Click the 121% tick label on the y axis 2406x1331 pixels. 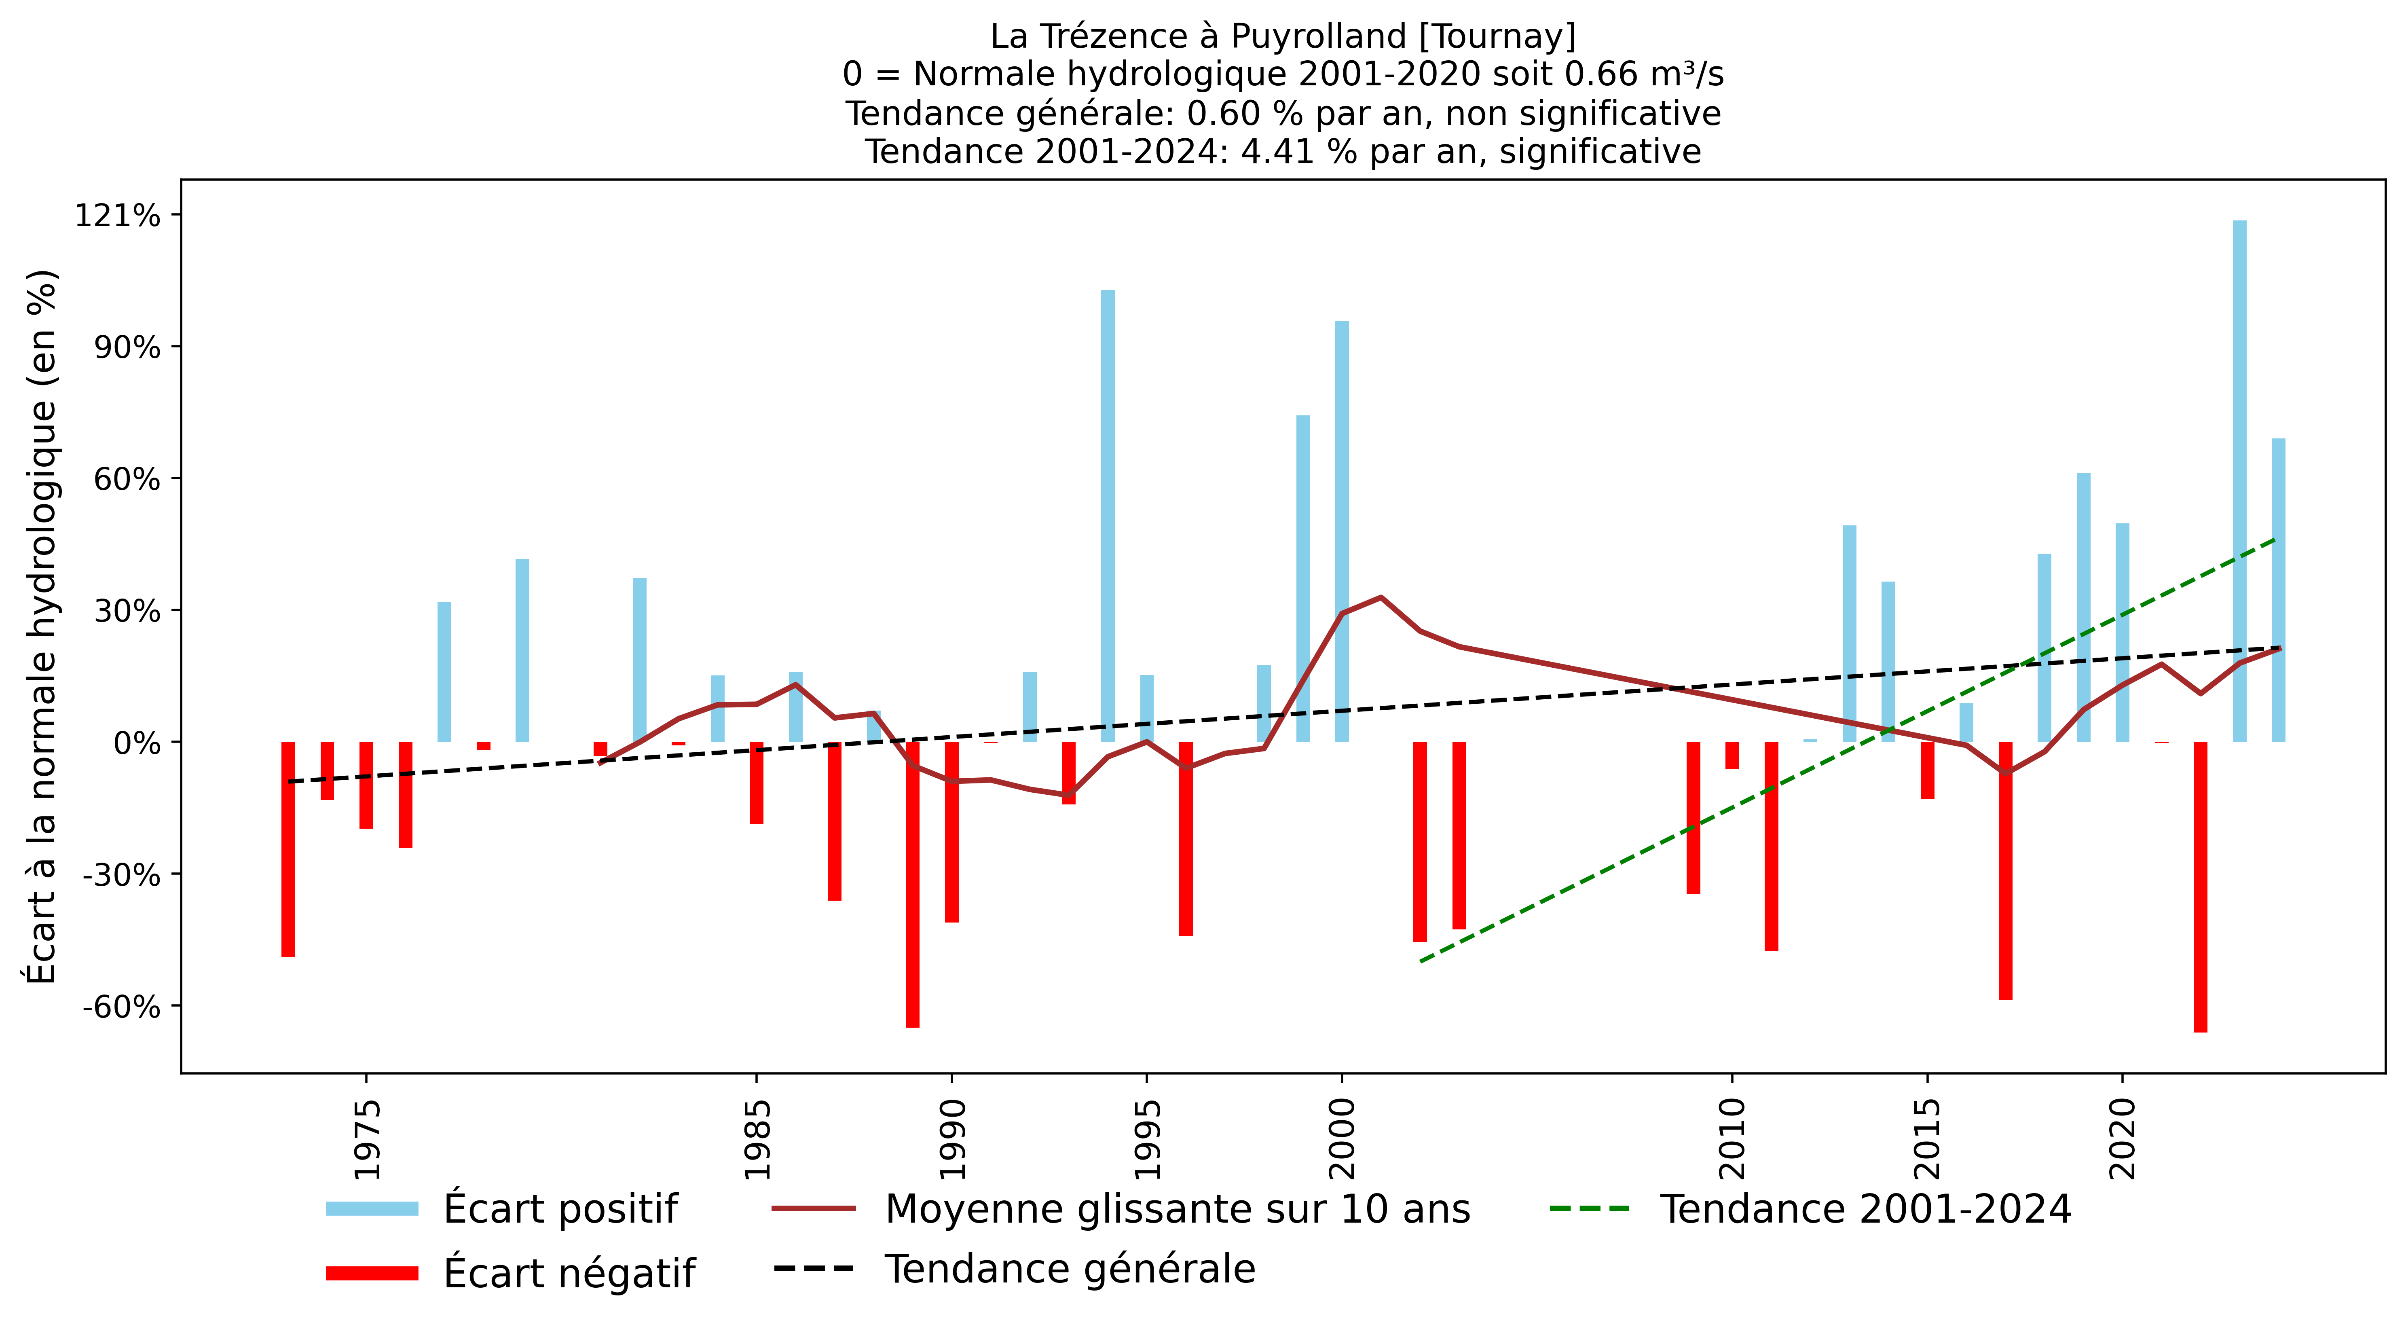[x=118, y=216]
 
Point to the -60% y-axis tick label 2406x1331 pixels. [x=121, y=1007]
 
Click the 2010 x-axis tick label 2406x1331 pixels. [x=1733, y=1140]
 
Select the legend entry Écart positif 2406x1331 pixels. [x=560, y=1208]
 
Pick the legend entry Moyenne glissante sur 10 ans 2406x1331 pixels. [x=1177, y=1208]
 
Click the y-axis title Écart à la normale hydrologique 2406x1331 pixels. [x=42, y=626]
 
